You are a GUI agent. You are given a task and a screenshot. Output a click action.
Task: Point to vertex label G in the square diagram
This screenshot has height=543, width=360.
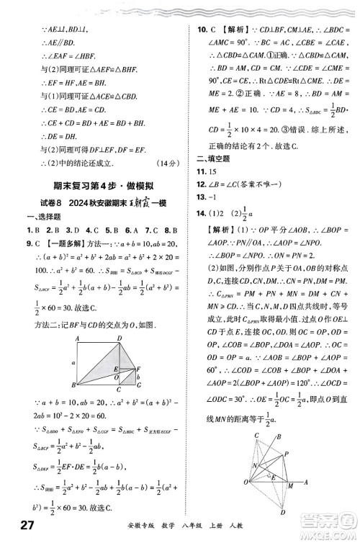(140, 386)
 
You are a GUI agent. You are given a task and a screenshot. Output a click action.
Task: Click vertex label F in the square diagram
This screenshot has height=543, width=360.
(138, 369)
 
